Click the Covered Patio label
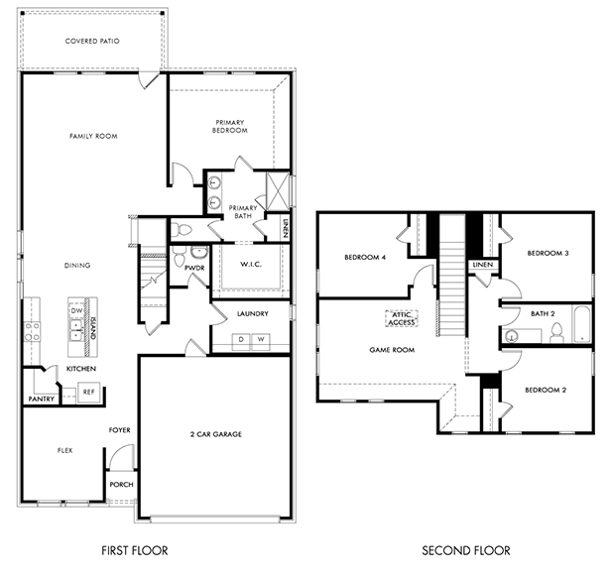(x=92, y=41)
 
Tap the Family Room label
(x=93, y=136)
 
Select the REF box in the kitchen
(x=89, y=393)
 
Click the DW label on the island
(x=76, y=311)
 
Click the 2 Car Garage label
(x=216, y=434)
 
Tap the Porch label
(x=121, y=485)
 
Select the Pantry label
(x=42, y=400)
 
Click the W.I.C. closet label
(x=251, y=265)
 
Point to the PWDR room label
(x=194, y=268)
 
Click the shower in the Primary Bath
(x=278, y=191)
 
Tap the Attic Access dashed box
(x=402, y=318)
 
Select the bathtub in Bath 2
(x=582, y=324)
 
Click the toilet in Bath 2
(x=556, y=333)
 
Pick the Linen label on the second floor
(x=483, y=265)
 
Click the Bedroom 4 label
(x=365, y=258)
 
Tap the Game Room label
(x=392, y=350)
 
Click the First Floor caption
(x=135, y=551)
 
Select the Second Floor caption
(x=466, y=551)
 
